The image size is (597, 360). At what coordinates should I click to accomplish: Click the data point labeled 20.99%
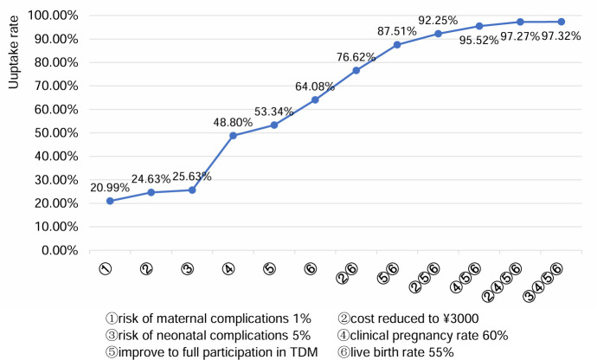click(110, 201)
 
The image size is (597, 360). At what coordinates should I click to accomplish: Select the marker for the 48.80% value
click(233, 136)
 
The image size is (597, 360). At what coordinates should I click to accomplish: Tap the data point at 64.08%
click(315, 100)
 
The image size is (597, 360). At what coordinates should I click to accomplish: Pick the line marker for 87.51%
click(397, 45)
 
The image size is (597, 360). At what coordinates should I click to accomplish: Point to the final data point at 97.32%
click(562, 22)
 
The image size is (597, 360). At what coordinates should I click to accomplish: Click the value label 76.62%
click(356, 57)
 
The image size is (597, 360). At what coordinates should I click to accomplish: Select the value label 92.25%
click(438, 20)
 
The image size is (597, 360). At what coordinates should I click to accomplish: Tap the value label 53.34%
click(273, 112)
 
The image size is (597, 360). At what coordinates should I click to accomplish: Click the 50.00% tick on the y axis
click(56, 133)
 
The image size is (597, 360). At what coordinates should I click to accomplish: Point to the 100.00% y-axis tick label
click(54, 16)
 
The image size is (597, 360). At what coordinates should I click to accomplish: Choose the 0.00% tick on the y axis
click(60, 250)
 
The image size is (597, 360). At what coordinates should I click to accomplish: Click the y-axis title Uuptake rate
click(14, 52)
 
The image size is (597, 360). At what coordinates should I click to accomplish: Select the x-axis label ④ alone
click(228, 269)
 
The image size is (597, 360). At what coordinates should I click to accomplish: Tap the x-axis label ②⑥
click(347, 273)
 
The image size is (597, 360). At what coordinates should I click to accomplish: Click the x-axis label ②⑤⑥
click(425, 278)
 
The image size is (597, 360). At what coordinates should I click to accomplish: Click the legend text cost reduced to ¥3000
click(408, 318)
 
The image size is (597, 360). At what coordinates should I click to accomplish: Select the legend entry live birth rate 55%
click(395, 351)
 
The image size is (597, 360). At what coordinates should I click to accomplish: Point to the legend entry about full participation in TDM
click(212, 351)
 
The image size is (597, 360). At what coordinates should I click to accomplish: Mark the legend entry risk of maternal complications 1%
click(209, 318)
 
